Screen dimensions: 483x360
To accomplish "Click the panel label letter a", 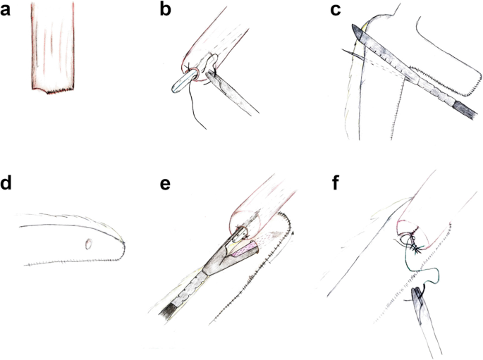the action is tap(5, 10).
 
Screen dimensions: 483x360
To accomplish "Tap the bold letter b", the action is tap(166, 9).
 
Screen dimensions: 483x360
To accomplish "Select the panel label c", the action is tap(335, 10).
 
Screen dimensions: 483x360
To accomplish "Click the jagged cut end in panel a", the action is tap(53, 90).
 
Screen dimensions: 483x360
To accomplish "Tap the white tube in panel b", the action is tap(184, 82).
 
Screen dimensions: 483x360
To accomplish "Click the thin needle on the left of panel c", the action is tap(353, 54).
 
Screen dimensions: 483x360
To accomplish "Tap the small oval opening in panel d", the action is tap(89, 244).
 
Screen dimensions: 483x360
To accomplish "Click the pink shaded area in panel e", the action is tap(243, 249).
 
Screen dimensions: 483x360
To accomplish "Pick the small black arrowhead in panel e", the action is tap(293, 234).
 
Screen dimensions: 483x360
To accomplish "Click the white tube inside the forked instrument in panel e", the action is tap(239, 235).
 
